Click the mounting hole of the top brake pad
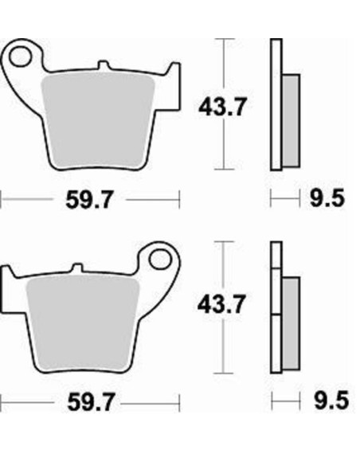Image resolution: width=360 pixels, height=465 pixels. (20, 56)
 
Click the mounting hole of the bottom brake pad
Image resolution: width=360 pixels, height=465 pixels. (161, 260)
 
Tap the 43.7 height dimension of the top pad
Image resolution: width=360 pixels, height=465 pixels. (222, 107)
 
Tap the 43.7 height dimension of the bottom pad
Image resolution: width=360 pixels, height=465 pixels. (221, 304)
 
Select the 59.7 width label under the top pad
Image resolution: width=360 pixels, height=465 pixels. (89, 200)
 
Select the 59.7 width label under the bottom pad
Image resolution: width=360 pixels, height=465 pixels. (91, 402)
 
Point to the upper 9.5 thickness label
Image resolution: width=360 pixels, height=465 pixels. (327, 198)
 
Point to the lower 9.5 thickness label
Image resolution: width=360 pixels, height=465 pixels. (331, 401)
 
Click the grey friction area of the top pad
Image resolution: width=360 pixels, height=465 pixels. (98, 120)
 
